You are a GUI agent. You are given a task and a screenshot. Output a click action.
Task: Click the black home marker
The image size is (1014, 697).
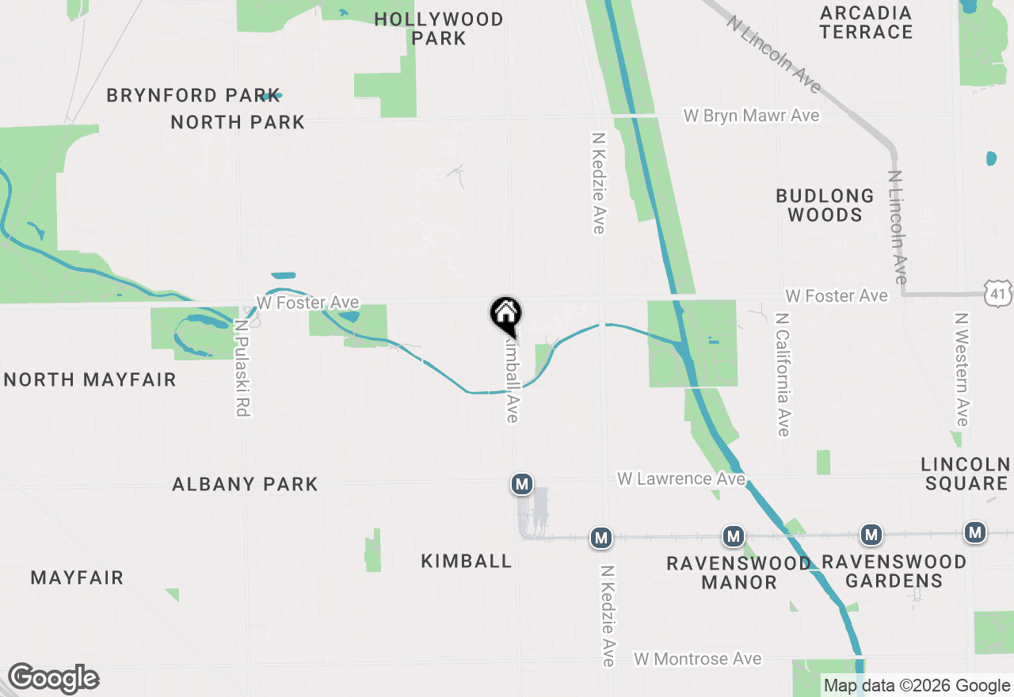(x=505, y=314)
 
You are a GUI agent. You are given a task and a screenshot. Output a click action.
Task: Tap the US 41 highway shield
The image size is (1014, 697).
(x=998, y=295)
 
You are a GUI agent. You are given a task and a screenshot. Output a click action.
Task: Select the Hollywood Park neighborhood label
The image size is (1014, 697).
(x=438, y=29)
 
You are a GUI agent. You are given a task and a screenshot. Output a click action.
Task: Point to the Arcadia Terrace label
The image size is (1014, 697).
(x=866, y=23)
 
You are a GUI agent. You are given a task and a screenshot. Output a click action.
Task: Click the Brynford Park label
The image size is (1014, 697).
(x=193, y=95)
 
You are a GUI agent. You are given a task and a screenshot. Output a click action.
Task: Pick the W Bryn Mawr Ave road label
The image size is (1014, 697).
(x=751, y=116)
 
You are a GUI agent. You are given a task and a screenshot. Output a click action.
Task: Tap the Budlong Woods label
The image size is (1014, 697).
(x=825, y=205)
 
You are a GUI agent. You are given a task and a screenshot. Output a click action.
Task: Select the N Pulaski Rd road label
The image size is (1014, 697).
(x=242, y=368)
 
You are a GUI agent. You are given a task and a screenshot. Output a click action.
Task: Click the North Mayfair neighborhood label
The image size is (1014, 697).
(x=90, y=380)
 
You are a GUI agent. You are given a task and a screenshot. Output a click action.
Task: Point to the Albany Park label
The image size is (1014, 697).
(x=245, y=484)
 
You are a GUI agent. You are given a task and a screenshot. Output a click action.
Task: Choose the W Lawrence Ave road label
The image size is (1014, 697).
(x=681, y=479)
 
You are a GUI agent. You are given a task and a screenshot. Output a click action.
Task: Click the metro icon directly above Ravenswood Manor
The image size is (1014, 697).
(x=734, y=536)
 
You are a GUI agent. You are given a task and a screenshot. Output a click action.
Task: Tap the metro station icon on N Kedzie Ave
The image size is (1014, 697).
(x=601, y=539)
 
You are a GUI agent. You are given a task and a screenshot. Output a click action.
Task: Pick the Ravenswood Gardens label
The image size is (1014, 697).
(x=894, y=571)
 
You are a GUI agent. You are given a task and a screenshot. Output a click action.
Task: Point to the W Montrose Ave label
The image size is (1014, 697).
(x=697, y=659)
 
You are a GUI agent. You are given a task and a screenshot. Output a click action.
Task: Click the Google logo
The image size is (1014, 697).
(x=53, y=679)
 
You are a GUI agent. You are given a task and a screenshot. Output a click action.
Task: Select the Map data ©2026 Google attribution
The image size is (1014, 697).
(x=917, y=686)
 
